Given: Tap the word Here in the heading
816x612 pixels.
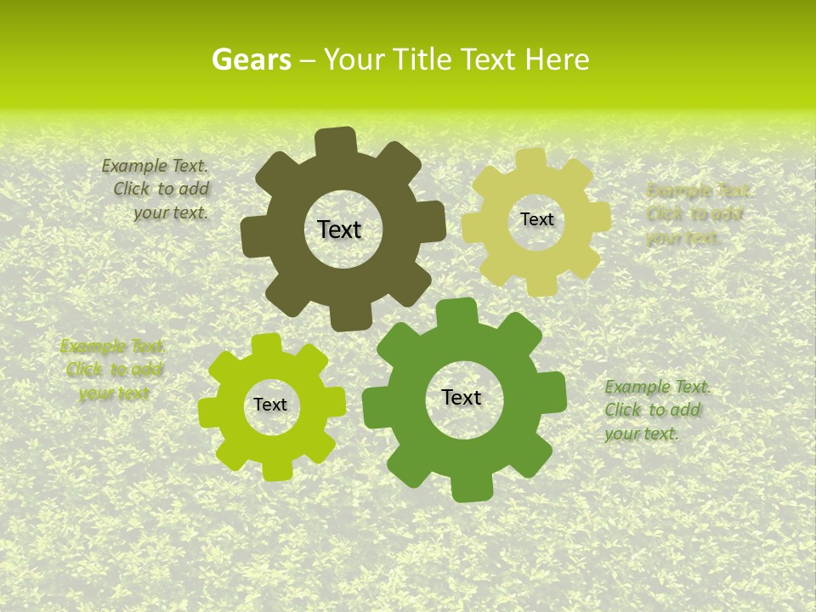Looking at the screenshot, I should [557, 59].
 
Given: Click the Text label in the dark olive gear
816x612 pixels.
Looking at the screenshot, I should [339, 229].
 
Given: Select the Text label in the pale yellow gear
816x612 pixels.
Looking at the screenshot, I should [536, 219].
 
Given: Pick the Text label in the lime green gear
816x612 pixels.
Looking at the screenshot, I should [270, 405].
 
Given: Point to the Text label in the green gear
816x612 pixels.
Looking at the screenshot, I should [462, 397].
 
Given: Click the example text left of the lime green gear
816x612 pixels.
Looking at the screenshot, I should [113, 370].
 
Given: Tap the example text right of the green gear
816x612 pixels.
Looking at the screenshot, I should [655, 411].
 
